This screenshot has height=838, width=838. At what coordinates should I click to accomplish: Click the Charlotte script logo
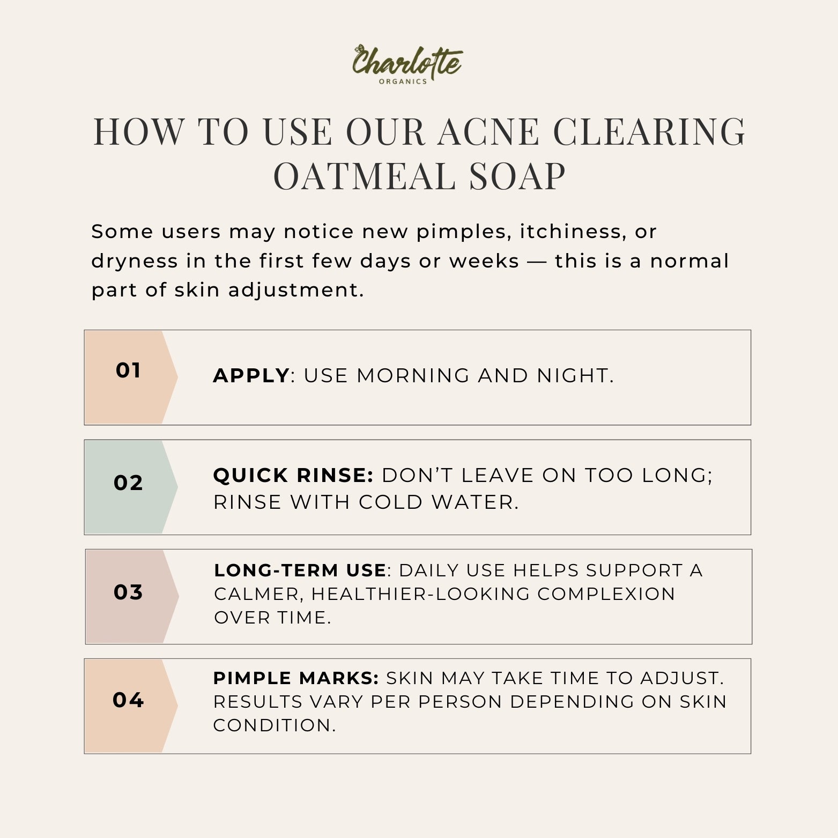click(x=406, y=61)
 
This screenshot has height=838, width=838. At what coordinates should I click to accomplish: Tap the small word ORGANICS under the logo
click(x=403, y=81)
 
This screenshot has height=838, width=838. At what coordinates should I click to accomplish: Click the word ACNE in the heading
click(x=488, y=132)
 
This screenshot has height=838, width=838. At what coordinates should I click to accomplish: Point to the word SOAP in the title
click(x=517, y=176)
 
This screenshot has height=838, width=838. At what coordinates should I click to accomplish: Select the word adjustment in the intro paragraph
click(x=296, y=290)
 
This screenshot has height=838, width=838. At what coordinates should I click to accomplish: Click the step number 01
click(x=128, y=370)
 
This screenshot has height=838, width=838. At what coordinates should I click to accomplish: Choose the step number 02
click(x=128, y=483)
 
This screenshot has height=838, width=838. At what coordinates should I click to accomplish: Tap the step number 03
click(x=128, y=592)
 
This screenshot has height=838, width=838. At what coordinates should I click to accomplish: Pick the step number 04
click(x=128, y=700)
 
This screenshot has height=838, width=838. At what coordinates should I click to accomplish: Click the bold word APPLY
click(x=251, y=376)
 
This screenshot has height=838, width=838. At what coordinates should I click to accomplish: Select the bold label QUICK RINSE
click(x=293, y=476)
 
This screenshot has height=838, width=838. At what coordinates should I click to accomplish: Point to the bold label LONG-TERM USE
click(x=300, y=570)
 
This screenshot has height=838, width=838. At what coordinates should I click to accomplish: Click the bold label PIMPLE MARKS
click(x=296, y=678)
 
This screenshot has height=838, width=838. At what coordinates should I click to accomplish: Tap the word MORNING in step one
click(x=413, y=376)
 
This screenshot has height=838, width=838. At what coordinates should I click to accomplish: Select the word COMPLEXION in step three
click(x=606, y=594)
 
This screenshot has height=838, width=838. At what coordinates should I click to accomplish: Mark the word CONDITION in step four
click(x=274, y=725)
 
